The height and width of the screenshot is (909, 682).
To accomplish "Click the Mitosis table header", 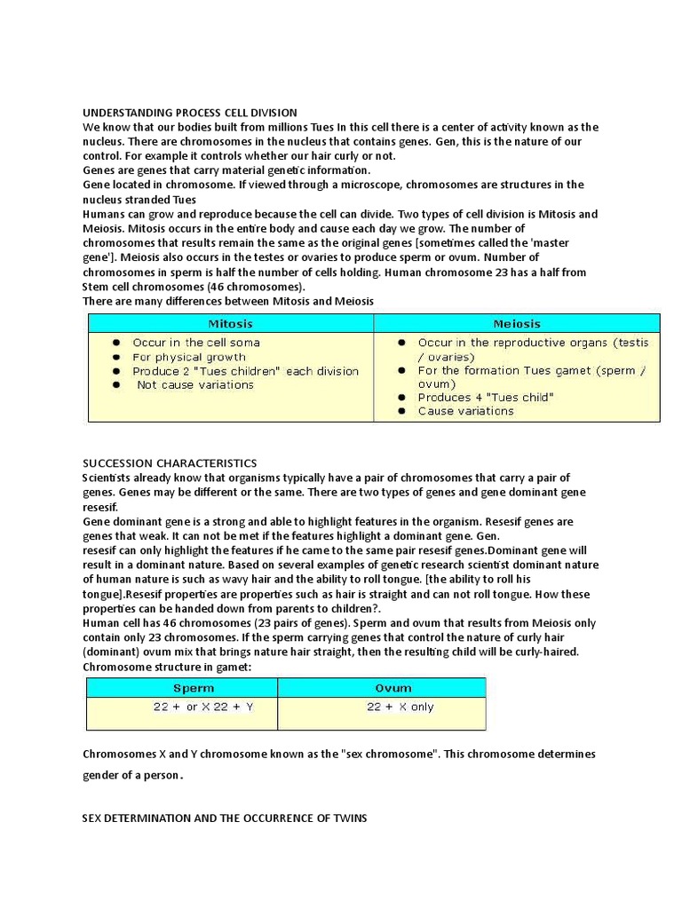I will coord(230,324).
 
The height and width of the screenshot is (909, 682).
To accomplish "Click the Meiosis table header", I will coord(517,324).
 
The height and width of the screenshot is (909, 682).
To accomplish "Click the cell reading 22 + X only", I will coord(400,707).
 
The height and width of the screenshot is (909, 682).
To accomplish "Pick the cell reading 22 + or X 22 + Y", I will coord(203,707).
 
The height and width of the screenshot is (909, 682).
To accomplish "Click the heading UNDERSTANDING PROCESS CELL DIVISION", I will coord(190,113).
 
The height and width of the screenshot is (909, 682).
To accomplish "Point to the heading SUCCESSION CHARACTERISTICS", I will coord(170,463).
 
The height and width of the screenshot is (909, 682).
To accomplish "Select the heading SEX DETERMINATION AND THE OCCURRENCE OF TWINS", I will coord(225,818).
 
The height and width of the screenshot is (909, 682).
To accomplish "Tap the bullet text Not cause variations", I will coord(195,385).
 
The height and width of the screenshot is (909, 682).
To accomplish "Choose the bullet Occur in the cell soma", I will coord(196,343).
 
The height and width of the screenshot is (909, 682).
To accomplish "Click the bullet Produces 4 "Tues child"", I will coord(485,398).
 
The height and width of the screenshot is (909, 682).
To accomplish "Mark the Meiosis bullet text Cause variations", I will coord(465,411).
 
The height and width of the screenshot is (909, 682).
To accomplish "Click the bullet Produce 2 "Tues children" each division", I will coord(245,371).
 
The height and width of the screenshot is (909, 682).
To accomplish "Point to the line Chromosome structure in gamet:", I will coord(158,667).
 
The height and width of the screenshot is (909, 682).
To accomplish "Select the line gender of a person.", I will coord(132,775).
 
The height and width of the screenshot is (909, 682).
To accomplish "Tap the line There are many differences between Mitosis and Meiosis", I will coord(228,302).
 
